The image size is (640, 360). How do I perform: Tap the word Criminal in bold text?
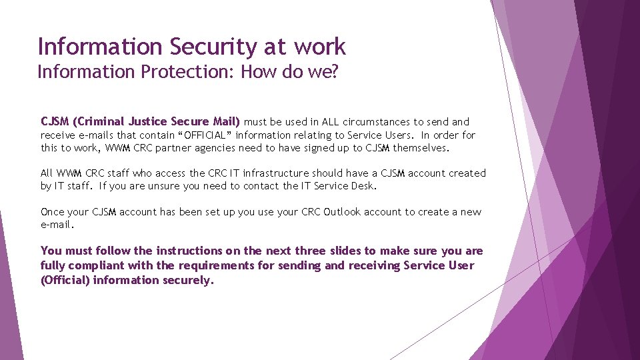point(99,122)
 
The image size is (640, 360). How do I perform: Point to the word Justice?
point(147,122)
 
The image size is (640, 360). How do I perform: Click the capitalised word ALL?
point(331,122)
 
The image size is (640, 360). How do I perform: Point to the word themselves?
point(422,148)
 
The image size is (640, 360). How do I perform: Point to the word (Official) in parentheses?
point(65,280)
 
